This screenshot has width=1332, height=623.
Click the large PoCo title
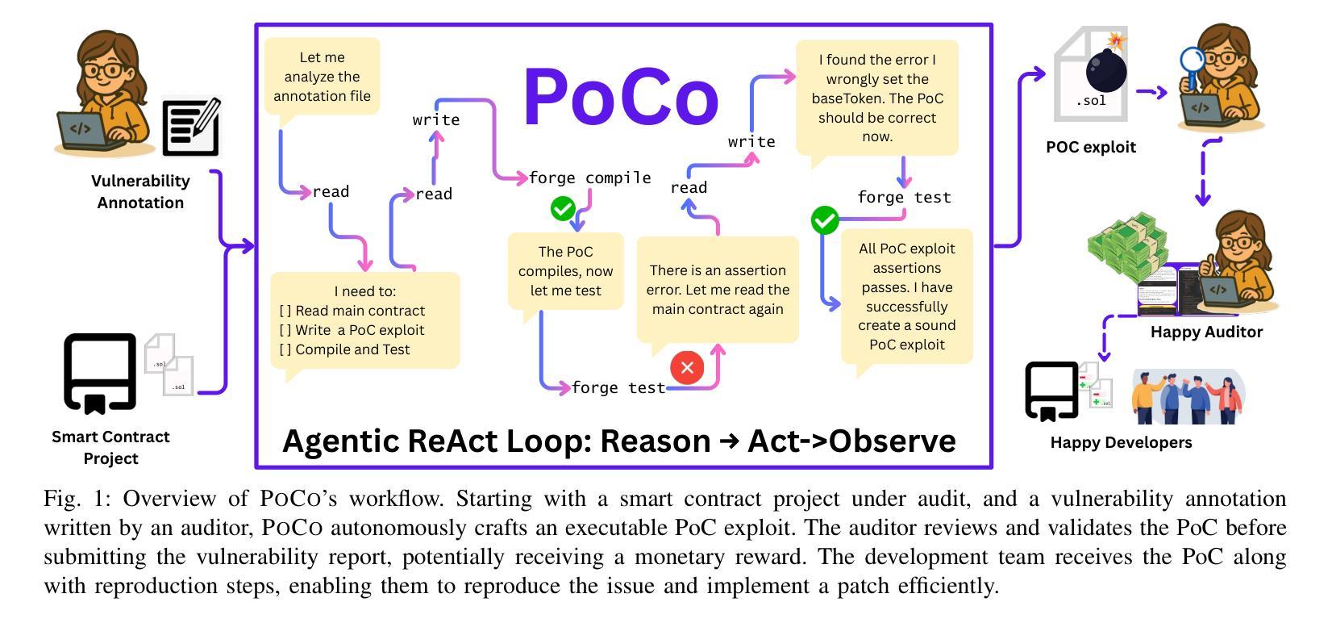click(621, 97)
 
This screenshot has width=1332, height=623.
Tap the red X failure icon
click(687, 368)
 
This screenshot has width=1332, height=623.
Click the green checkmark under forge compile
click(562, 209)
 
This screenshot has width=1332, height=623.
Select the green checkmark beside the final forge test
click(824, 220)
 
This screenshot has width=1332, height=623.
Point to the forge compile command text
click(589, 178)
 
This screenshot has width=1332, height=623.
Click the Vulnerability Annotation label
click(140, 192)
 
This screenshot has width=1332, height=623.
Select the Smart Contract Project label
click(110, 447)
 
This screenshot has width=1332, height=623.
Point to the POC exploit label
click(1090, 147)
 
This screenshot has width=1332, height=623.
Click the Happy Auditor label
click(1206, 332)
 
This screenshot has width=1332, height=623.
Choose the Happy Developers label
click(1121, 442)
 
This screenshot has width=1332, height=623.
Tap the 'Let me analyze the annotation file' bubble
click(322, 77)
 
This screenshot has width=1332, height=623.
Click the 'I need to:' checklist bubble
click(364, 320)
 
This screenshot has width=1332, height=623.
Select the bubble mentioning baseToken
click(877, 98)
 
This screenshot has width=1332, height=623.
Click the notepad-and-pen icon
click(191, 127)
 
